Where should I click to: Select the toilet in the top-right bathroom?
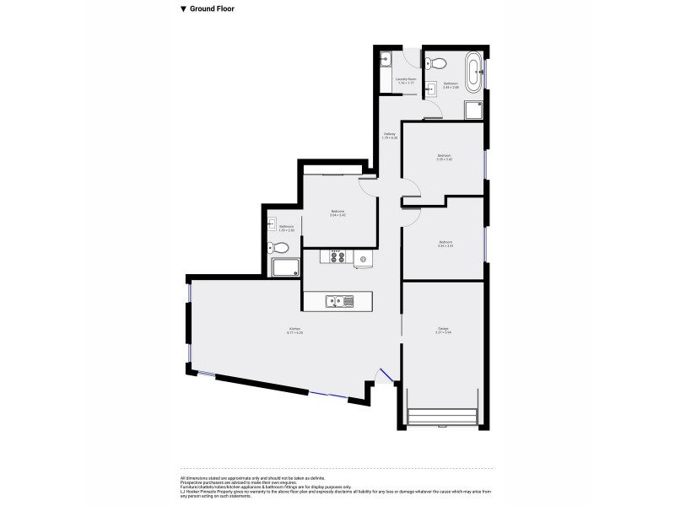[437, 62]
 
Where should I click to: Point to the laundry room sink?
[385, 60]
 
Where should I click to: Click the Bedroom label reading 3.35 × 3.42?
[444, 157]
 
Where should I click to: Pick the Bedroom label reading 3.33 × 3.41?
[445, 244]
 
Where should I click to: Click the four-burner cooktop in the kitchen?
[335, 257]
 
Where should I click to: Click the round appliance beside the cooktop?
[364, 259]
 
